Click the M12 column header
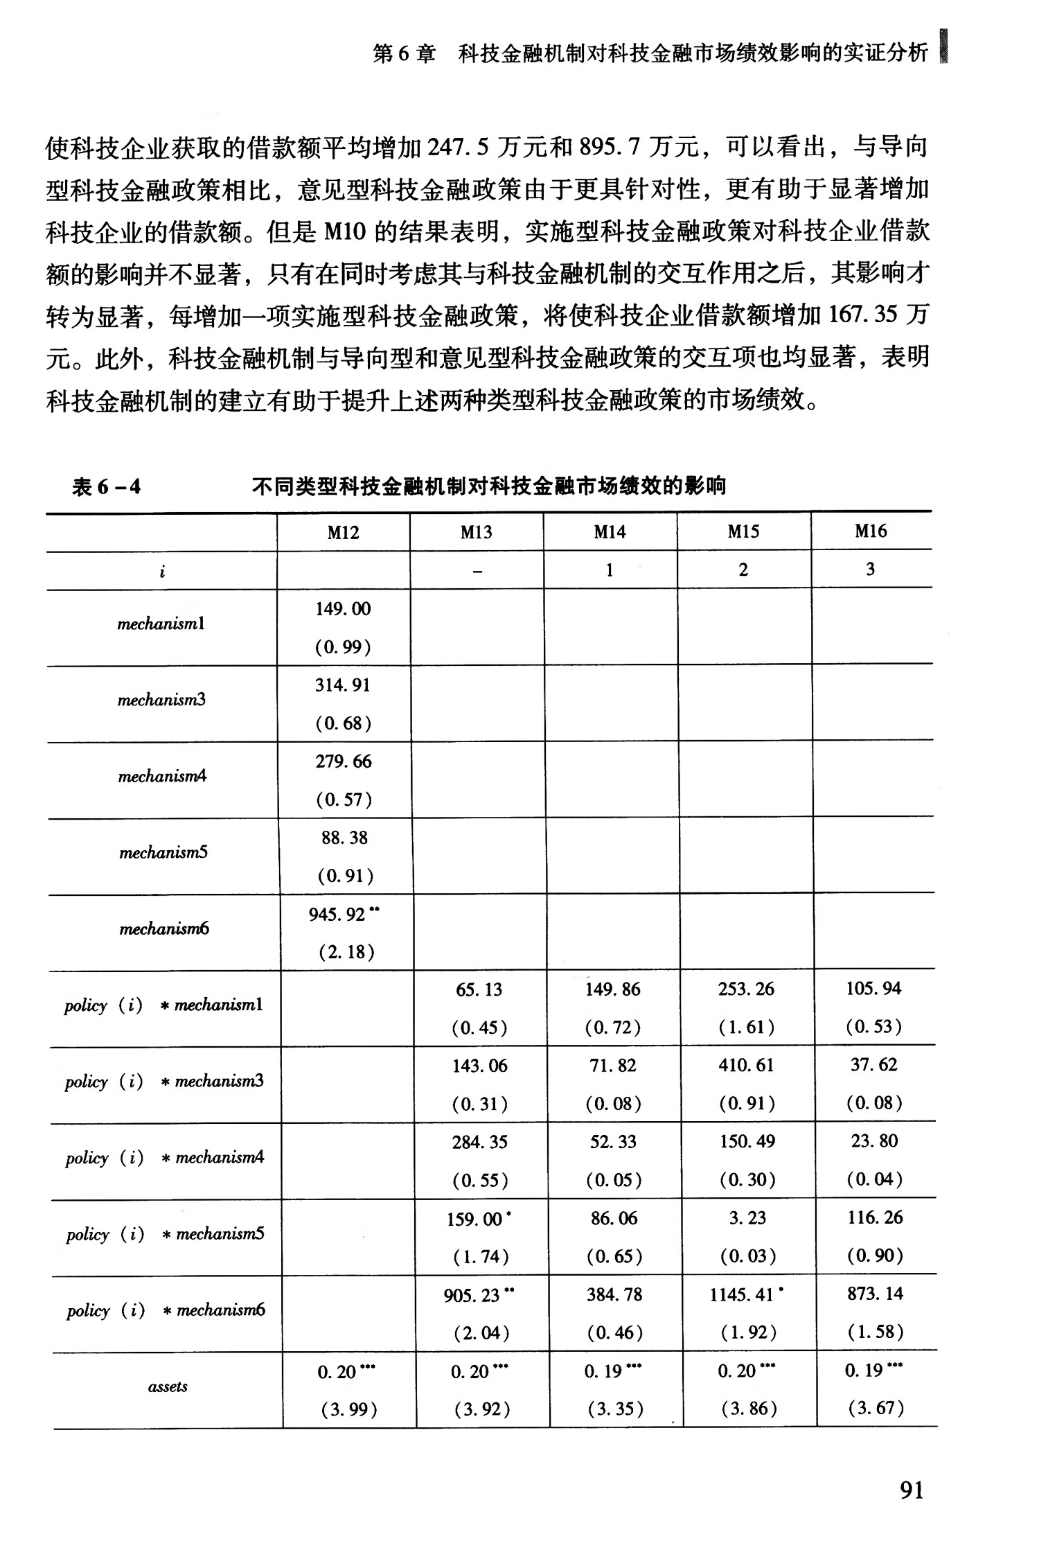pyautogui.click(x=343, y=532)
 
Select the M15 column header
pyautogui.click(x=743, y=531)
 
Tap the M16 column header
pyautogui.click(x=871, y=531)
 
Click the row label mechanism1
pyautogui.click(x=161, y=624)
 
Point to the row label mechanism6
pyautogui.click(x=164, y=929)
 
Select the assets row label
pyautogui.click(x=168, y=1386)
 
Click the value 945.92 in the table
pyautogui.click(x=337, y=915)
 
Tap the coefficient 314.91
pyautogui.click(x=343, y=685)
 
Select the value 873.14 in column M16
pyautogui.click(x=875, y=1294)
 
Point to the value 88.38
pyautogui.click(x=344, y=838)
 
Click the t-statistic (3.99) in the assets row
pyautogui.click(x=348, y=1410)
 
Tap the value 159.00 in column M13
pyautogui.click(x=474, y=1219)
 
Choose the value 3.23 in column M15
pyautogui.click(x=747, y=1218)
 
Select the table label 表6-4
pyautogui.click(x=106, y=487)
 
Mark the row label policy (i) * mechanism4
pyautogui.click(x=165, y=1158)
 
